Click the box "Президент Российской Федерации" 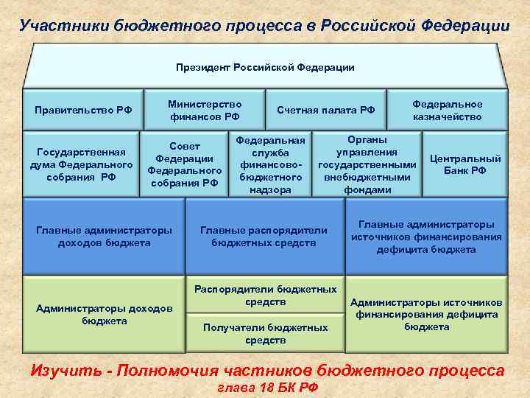coord(265,67)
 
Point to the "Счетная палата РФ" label coord(325,110)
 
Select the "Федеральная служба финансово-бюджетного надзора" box coord(270,164)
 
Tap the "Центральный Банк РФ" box coord(465,164)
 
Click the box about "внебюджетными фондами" coord(367,164)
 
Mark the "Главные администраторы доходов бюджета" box coord(104,236)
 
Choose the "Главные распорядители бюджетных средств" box coord(264,236)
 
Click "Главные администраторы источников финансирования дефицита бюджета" coord(426,236)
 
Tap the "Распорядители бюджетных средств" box coord(265,296)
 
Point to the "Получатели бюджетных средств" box coord(265,333)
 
